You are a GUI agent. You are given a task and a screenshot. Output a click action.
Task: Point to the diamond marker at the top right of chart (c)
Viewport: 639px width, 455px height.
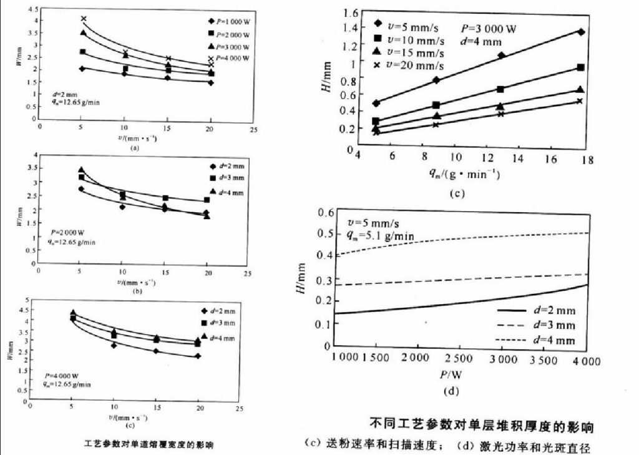(581, 32)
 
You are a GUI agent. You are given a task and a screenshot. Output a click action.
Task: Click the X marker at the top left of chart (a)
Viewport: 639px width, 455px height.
(84, 19)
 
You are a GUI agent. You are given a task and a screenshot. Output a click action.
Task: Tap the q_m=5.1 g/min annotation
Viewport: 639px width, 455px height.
(380, 237)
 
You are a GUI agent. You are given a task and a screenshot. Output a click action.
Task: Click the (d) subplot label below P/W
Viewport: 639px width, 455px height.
(451, 393)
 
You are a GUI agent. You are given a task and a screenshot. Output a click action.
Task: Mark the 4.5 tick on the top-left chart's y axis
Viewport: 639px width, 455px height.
(31, 9)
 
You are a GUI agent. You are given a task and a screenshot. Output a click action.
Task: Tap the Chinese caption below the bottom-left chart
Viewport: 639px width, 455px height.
(149, 444)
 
